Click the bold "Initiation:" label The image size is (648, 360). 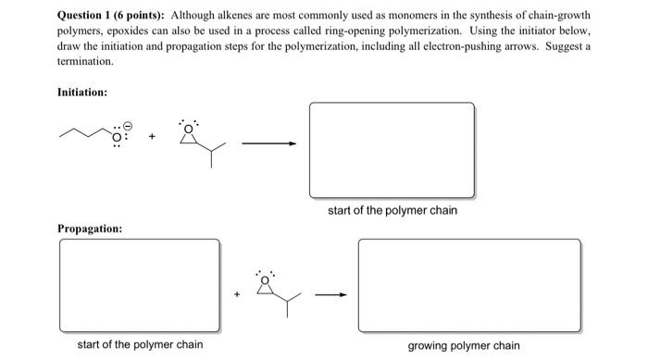[x=82, y=93]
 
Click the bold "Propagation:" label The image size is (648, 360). [x=90, y=228]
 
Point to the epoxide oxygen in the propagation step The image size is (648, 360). [x=267, y=277]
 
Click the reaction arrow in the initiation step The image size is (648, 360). [x=269, y=143]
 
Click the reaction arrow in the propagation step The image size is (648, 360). [x=330, y=295]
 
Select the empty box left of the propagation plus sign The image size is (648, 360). [x=140, y=286]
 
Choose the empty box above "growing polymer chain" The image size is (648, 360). [x=469, y=286]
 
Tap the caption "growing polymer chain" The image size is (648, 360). [x=464, y=346]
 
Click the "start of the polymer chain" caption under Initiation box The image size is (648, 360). [x=393, y=211]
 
